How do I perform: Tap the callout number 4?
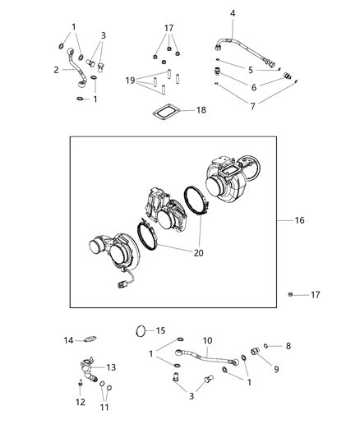tap(233, 13)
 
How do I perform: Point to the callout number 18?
tap(200, 109)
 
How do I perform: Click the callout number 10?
tap(208, 340)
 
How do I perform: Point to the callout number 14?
tap(69, 340)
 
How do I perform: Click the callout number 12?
tap(80, 402)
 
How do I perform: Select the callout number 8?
tap(288, 346)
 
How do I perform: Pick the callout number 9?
tap(276, 370)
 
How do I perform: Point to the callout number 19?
tap(130, 81)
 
